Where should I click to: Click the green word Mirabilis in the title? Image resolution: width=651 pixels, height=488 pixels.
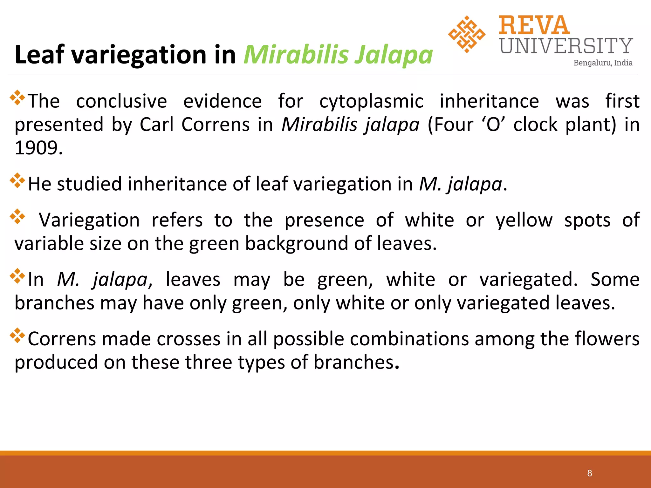coord(296,55)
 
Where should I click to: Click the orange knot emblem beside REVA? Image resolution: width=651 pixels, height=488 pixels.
coord(466,34)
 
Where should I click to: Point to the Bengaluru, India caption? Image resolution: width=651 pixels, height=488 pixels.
coord(603,63)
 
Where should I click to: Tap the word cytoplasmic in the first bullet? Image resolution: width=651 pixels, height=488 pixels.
coord(371,101)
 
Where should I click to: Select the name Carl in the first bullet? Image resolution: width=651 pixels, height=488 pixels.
coord(156,125)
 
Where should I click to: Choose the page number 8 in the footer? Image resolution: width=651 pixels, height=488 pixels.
coord(590,473)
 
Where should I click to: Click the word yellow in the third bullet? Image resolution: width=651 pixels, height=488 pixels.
coord(524,220)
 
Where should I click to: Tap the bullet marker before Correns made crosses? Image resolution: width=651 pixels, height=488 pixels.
coord(17,336)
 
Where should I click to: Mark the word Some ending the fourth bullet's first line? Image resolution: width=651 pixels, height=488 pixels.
coord(615,280)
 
